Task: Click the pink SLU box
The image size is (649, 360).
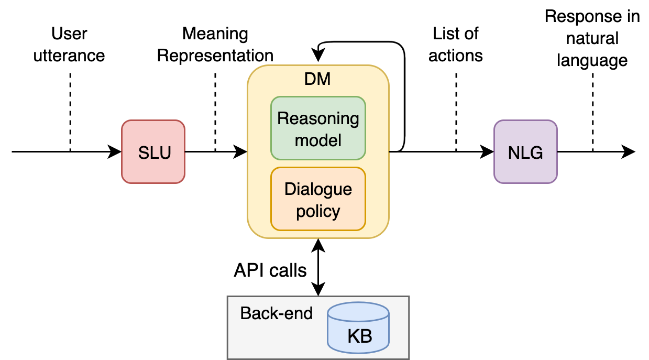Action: pos(153,152)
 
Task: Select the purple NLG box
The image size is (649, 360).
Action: pos(525,152)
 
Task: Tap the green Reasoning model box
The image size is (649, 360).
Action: pos(318,128)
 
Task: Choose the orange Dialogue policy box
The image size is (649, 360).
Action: pos(318,199)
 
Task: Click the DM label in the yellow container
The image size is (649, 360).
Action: pos(317,79)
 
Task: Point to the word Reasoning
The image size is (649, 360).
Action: pos(318,118)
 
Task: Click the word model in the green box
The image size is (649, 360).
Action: pos(318,140)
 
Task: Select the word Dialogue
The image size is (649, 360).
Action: pos(318,189)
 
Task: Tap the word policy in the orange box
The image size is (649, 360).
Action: pos(318,212)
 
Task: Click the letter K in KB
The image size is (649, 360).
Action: pos(354,336)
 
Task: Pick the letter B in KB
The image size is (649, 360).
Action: pos(366,336)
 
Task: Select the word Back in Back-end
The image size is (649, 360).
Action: pos(256,313)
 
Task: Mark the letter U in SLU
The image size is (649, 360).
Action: pos(164,153)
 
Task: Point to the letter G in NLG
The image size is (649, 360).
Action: pos(536,153)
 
